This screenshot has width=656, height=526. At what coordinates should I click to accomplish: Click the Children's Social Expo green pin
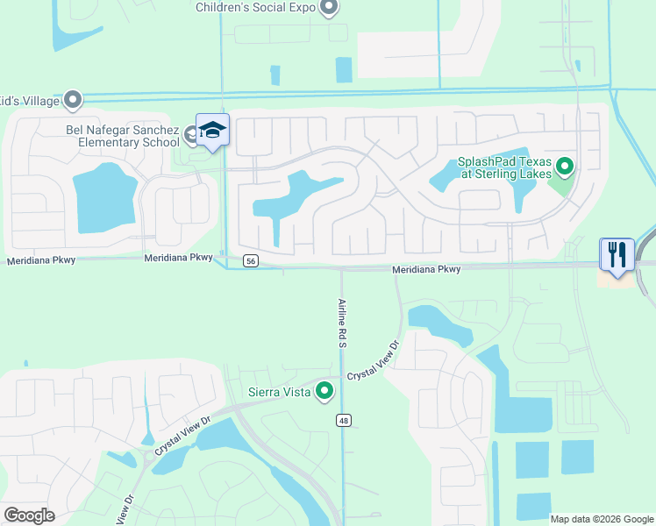pyautogui.click(x=329, y=9)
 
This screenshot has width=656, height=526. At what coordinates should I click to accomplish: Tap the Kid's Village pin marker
pyautogui.click(x=74, y=100)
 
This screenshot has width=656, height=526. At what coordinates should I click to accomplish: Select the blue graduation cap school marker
pyautogui.click(x=212, y=131)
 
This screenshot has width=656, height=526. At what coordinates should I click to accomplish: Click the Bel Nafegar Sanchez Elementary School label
pyautogui.click(x=122, y=136)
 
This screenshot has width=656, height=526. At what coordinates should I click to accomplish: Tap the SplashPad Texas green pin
pyautogui.click(x=565, y=165)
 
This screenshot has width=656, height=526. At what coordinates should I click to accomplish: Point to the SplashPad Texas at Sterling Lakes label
pyautogui.click(x=504, y=168)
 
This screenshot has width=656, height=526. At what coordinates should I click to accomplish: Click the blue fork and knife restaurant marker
pyautogui.click(x=617, y=256)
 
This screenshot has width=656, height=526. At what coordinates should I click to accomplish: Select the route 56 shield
pyautogui.click(x=251, y=260)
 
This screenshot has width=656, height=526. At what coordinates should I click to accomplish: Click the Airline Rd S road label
pyautogui.click(x=342, y=324)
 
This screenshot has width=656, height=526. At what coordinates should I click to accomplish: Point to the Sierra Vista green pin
pyautogui.click(x=325, y=391)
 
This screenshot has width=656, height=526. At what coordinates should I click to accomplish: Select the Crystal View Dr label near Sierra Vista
pyautogui.click(x=373, y=361)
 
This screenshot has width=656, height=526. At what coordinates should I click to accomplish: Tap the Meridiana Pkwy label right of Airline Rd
pyautogui.click(x=425, y=269)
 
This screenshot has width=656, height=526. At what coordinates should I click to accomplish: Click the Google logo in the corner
pyautogui.click(x=29, y=515)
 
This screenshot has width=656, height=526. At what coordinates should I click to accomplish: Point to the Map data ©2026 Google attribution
pyautogui.click(x=602, y=518)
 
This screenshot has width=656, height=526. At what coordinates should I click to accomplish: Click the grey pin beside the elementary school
pyautogui.click(x=191, y=133)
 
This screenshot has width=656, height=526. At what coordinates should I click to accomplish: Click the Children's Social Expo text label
pyautogui.click(x=255, y=7)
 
